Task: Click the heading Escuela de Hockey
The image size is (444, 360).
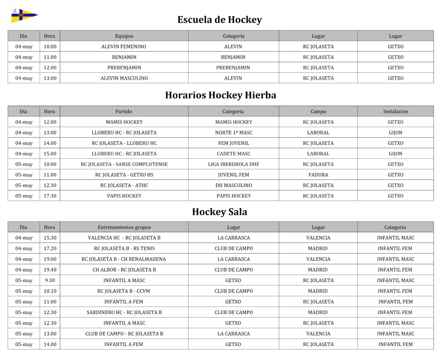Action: click(x=220, y=20)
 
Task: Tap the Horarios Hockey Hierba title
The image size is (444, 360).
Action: click(x=220, y=95)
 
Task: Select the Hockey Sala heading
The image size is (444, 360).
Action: click(x=220, y=212)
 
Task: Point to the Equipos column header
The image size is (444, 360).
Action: click(x=124, y=36)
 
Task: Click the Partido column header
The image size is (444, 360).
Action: click(x=124, y=111)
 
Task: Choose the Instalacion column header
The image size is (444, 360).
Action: click(x=395, y=111)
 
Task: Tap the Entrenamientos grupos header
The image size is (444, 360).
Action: click(x=124, y=227)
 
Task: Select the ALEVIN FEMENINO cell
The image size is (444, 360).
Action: click(x=124, y=46)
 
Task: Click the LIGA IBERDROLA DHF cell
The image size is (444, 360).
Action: click(x=233, y=164)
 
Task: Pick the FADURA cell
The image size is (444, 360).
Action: click(x=318, y=175)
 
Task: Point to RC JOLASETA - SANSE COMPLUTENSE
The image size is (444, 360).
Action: click(x=124, y=164)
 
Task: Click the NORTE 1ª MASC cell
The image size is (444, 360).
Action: click(x=233, y=133)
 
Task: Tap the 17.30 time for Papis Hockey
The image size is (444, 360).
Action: click(x=50, y=196)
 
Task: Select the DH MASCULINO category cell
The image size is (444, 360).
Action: click(x=233, y=185)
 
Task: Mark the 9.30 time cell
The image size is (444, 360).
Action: click(x=50, y=280)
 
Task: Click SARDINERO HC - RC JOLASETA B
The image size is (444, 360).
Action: click(x=124, y=312)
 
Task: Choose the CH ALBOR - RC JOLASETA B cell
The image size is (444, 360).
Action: click(x=124, y=270)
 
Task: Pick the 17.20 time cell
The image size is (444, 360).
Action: click(x=50, y=249)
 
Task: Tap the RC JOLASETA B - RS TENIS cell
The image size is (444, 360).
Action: click(x=124, y=249)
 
